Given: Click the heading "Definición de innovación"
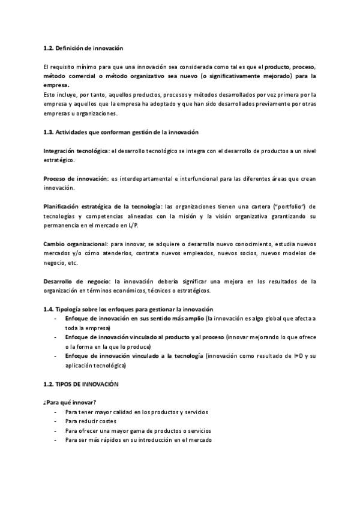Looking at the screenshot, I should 89,47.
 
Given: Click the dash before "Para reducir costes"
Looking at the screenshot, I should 56,421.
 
